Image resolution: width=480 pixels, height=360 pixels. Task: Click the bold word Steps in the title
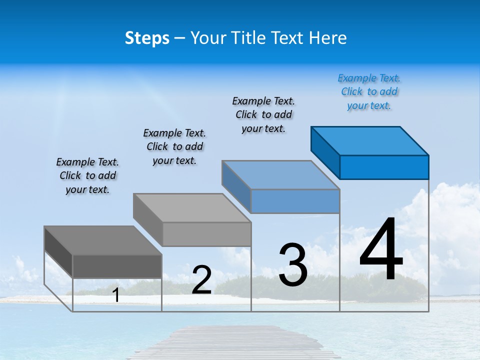(x=147, y=38)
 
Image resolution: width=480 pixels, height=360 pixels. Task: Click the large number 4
(x=381, y=250)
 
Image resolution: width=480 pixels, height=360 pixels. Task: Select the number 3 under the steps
(x=293, y=265)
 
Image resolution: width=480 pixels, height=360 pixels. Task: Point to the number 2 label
(x=201, y=279)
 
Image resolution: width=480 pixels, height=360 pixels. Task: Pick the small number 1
(x=116, y=295)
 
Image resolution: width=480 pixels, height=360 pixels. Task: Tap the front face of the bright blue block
(x=384, y=167)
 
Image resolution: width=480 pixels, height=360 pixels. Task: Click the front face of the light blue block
(x=295, y=201)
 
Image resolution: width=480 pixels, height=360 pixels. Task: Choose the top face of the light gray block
(x=192, y=208)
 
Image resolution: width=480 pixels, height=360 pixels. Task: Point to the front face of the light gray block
(x=206, y=234)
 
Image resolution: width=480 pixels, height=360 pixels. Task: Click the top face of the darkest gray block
(x=103, y=240)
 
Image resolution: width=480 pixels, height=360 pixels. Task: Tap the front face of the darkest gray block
(x=117, y=266)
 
